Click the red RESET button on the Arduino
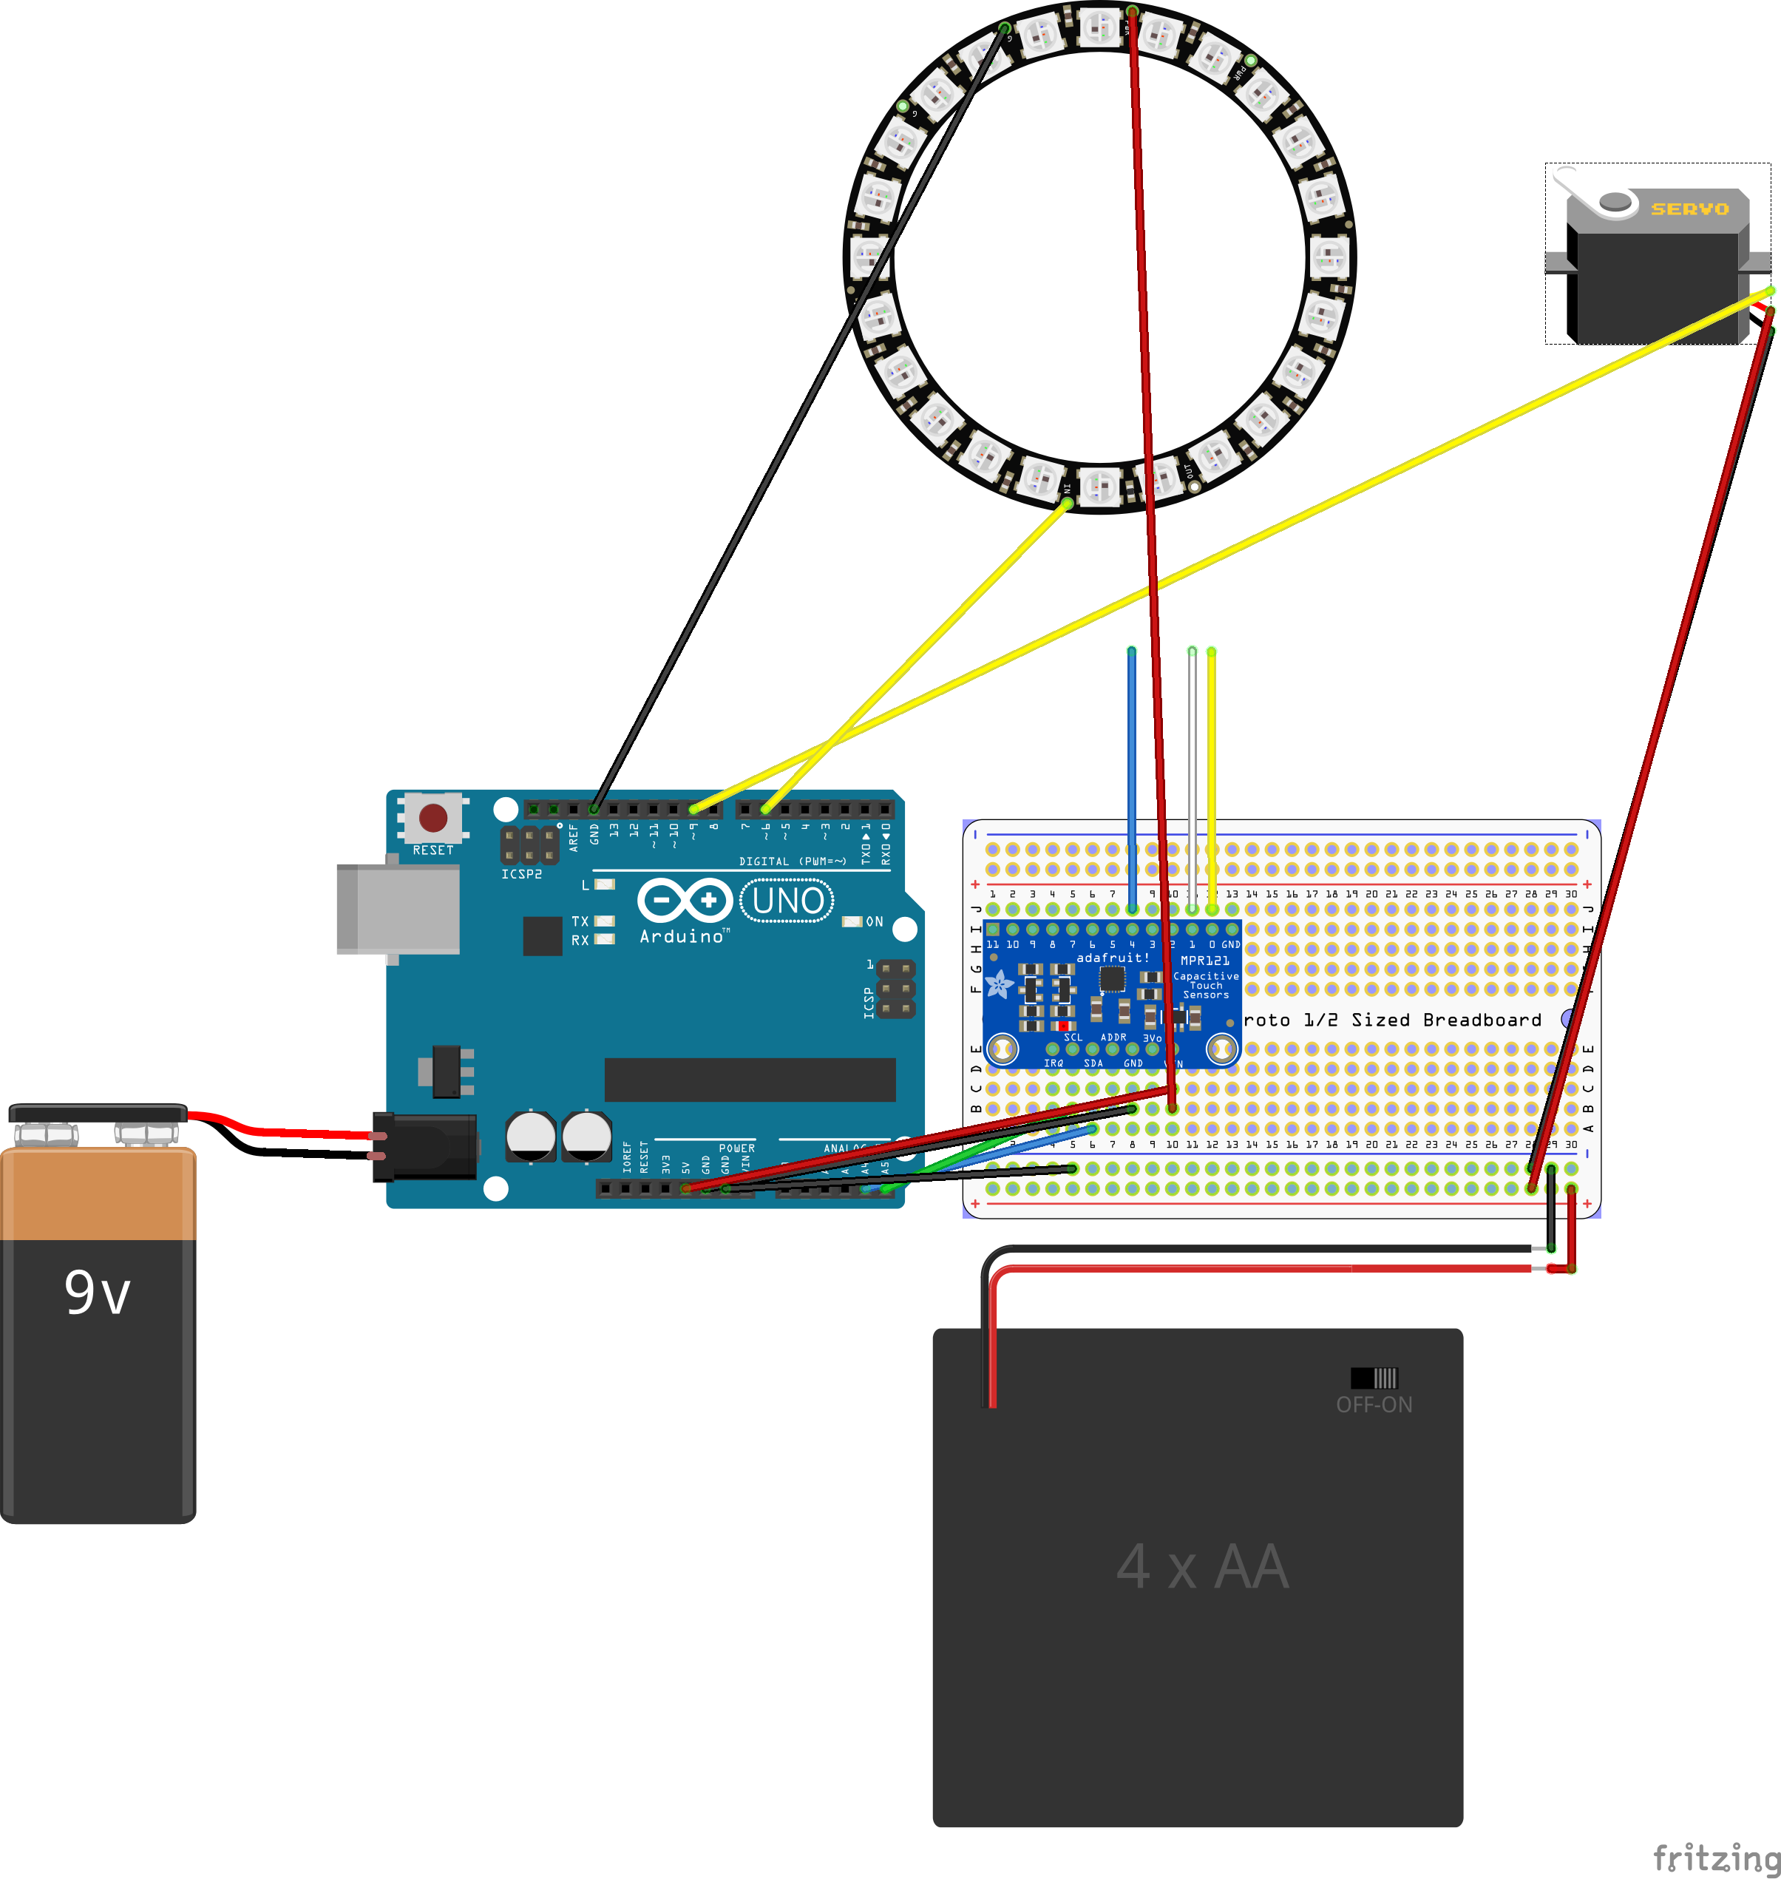433,816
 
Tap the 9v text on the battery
97,1293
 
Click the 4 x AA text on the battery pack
1202,1568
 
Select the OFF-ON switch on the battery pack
1374,1378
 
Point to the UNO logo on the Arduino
787,900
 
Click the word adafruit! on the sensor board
1113,957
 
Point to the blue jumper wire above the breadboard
1132,759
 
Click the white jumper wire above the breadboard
1193,759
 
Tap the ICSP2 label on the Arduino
521,873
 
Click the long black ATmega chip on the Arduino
750,1080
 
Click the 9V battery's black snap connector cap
97,1113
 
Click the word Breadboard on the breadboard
1482,1020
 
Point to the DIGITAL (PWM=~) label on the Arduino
792,861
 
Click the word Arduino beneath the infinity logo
681,936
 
